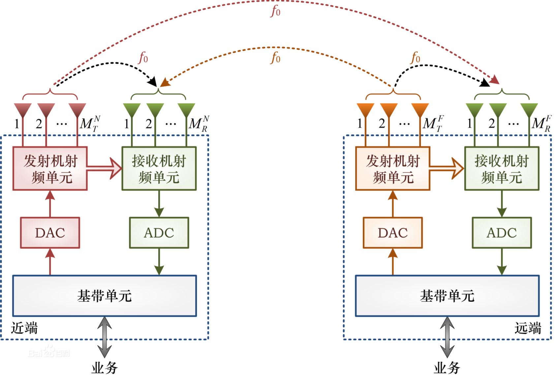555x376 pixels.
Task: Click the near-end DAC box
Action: pos(50,233)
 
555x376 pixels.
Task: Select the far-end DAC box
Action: pos(392,233)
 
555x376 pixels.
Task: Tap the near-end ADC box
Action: pos(159,233)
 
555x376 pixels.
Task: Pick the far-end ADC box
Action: pos(502,233)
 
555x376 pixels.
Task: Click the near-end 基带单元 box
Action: pos(105,296)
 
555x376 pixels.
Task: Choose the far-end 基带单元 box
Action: pos(447,296)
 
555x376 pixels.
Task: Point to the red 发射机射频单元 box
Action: pos(50,169)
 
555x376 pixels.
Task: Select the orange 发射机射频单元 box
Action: pos(392,169)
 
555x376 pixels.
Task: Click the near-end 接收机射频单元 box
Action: pos(159,169)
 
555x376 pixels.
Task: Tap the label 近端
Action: pos(24,328)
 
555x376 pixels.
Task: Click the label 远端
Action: pos(528,328)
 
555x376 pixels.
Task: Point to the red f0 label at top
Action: pos(276,11)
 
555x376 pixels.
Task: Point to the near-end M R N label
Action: pos(199,124)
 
